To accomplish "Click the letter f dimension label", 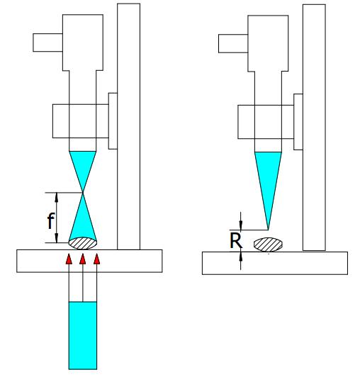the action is (51, 220).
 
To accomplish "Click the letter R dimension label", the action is (236, 240).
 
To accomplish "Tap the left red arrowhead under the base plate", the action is (69, 259).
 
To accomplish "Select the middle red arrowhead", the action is (83, 259).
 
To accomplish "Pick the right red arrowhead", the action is (96, 259).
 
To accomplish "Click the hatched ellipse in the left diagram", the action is (83, 243).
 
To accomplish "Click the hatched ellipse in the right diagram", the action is (268, 244).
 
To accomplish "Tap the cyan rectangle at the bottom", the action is (83, 335).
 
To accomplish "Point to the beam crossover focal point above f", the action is (83, 192).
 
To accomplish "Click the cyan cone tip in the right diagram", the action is (268, 230).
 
